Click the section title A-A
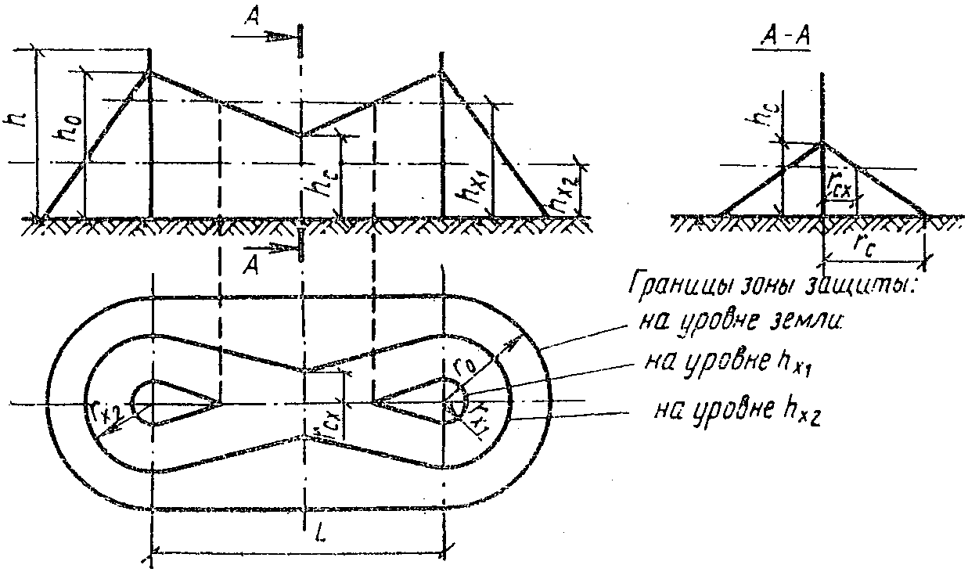click(780, 41)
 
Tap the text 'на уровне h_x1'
click(718, 362)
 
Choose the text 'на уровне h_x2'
click(732, 408)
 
